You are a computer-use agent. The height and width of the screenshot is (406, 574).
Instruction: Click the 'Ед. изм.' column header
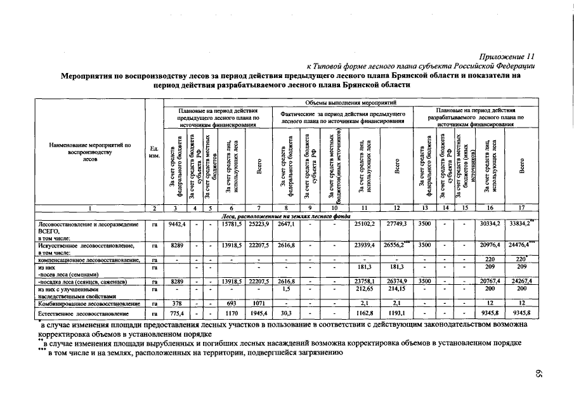click(x=154, y=152)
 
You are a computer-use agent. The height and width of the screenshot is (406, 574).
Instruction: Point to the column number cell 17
click(x=521, y=207)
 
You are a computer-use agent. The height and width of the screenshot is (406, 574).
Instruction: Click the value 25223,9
click(x=258, y=223)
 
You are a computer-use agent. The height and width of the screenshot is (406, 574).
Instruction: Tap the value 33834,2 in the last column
click(x=522, y=223)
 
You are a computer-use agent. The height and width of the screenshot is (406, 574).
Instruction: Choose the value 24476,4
click(x=522, y=244)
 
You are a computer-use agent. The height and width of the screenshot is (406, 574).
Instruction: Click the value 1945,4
click(x=258, y=313)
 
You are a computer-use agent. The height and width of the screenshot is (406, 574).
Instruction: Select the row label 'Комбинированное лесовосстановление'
click(x=89, y=304)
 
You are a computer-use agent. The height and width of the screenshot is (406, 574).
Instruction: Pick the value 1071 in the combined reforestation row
click(x=258, y=304)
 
